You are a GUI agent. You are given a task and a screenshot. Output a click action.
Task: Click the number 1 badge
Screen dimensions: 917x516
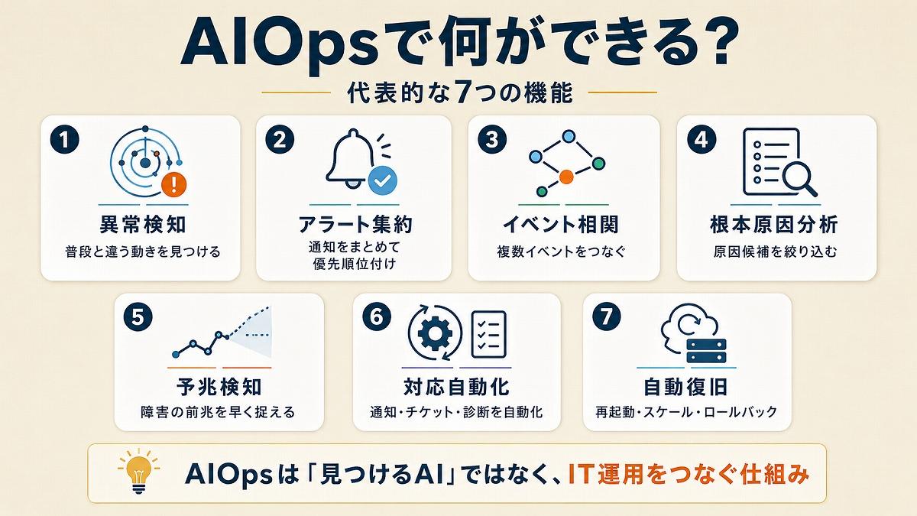point(65,139)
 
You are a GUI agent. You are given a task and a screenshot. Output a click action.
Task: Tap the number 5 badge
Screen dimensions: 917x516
point(138,317)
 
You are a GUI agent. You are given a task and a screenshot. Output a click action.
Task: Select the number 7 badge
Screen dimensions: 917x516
point(606,316)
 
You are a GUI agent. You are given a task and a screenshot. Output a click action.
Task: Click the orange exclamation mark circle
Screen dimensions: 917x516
point(173,184)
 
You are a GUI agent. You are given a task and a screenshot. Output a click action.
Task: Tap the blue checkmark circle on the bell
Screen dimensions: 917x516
point(382,180)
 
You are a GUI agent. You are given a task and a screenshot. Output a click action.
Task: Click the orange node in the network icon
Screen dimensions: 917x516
point(566,177)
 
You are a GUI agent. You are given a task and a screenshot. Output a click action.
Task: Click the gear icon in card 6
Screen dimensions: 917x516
point(435,332)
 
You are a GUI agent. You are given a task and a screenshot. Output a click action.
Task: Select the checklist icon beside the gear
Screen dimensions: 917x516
point(489,334)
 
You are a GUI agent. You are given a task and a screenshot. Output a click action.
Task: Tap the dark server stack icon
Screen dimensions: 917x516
point(706,351)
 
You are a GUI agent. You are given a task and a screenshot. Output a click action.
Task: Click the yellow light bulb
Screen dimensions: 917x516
point(139,471)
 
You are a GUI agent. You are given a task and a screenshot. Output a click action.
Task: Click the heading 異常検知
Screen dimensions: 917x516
point(142,225)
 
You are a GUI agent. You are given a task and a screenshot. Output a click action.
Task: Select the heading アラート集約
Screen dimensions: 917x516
point(355,225)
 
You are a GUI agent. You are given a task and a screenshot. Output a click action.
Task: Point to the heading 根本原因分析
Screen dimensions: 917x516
point(774,225)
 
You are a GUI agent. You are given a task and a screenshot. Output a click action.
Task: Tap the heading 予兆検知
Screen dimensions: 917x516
point(219,387)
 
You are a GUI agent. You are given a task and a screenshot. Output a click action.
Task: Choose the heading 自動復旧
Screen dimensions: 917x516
point(685,387)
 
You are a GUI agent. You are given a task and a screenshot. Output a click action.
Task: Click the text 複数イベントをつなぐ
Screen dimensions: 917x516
point(561,252)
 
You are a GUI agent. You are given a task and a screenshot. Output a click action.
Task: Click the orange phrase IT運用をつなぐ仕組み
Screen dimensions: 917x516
point(689,474)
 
